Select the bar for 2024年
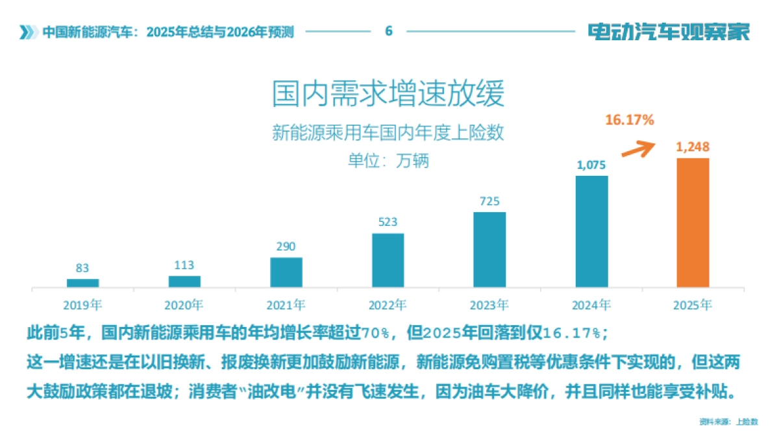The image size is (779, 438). (591, 232)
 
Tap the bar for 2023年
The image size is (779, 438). (489, 250)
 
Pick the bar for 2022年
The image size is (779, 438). (388, 260)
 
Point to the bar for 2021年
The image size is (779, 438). (286, 273)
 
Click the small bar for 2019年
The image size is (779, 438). (82, 283)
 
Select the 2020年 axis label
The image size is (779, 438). (184, 304)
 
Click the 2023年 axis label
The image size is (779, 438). (489, 304)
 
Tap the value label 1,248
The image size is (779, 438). (693, 147)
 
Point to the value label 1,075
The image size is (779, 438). (591, 165)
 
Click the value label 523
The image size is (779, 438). (388, 223)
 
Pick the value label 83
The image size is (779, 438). (82, 268)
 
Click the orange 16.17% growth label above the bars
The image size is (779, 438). (629, 120)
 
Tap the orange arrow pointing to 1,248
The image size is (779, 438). (637, 149)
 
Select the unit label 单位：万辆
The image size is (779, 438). (388, 160)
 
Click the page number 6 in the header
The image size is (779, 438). (388, 31)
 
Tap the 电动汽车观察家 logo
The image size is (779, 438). (669, 31)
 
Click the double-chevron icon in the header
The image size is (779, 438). (27, 32)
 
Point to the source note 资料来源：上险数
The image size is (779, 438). (728, 422)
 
